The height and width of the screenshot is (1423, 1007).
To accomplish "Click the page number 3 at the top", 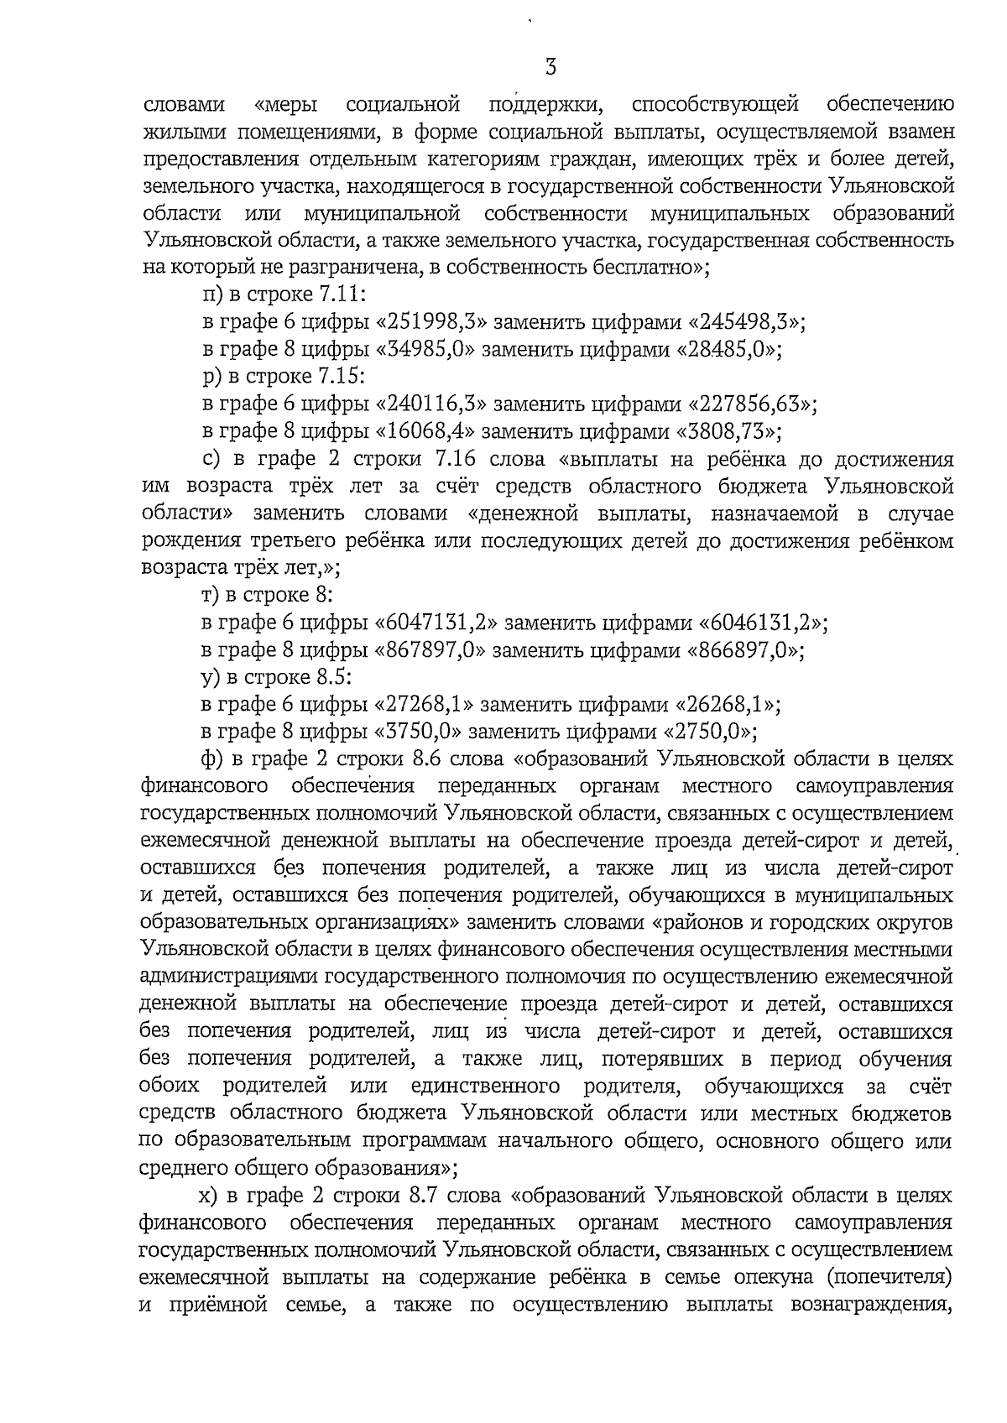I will pos(550,67).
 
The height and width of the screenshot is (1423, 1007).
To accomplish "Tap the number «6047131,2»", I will pos(436,623).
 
